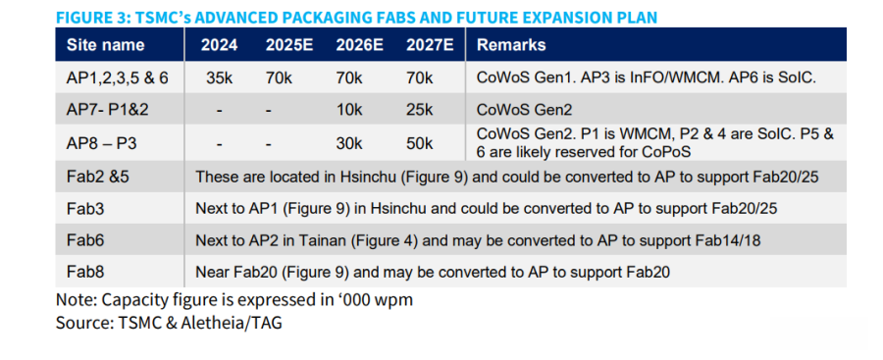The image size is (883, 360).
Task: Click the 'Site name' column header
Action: point(105,45)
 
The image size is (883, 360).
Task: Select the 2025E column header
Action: point(289,45)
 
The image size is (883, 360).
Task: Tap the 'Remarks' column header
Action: point(511,45)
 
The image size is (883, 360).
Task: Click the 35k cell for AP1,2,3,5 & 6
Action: point(220,77)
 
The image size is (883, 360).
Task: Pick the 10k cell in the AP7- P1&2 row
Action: point(349,110)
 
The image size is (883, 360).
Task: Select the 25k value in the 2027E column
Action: point(420,110)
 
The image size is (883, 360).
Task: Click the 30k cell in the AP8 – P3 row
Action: point(349,144)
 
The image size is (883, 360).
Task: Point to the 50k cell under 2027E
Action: point(420,144)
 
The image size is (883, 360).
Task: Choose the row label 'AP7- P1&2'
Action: point(108,110)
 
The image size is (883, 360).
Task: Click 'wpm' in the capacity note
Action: point(396,301)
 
